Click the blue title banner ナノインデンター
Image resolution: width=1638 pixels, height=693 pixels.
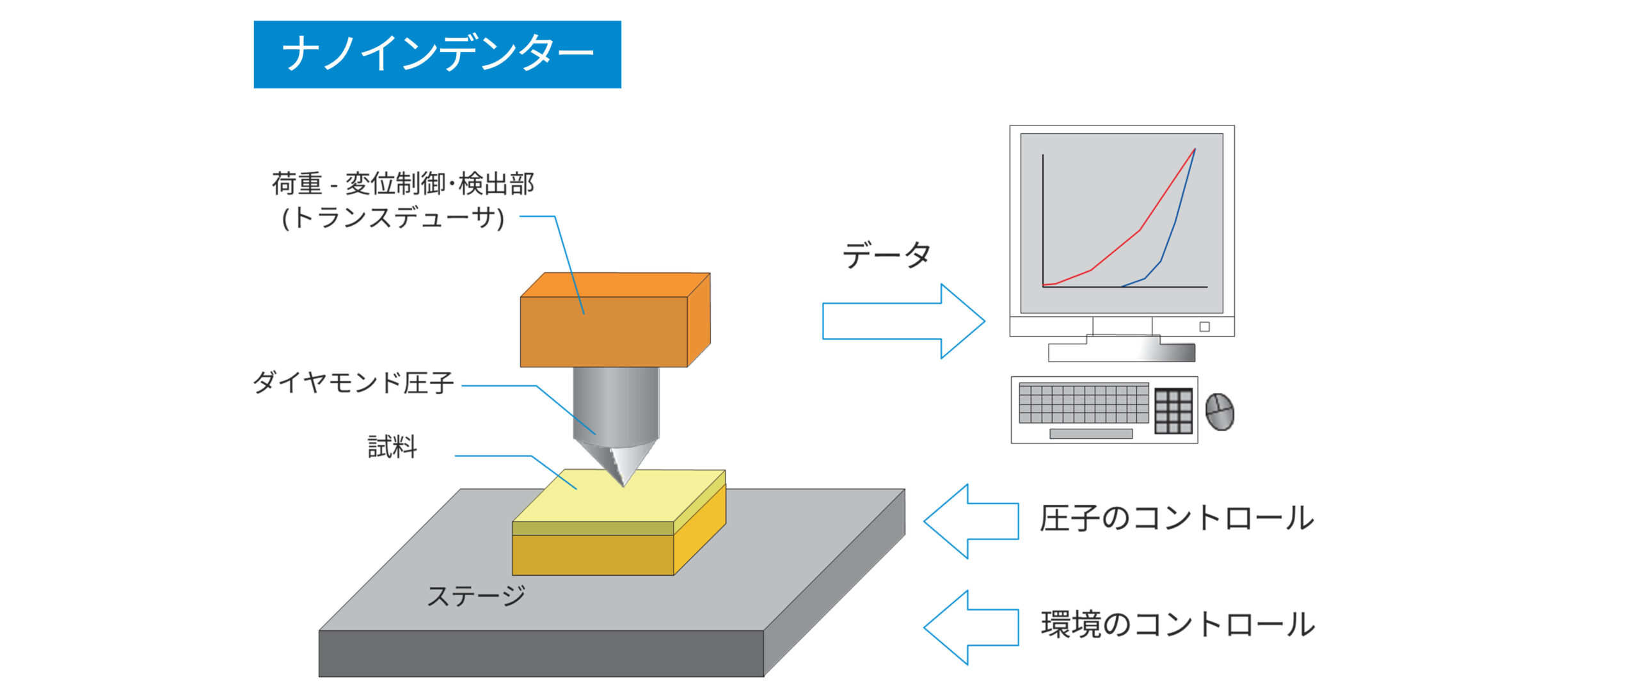(437, 54)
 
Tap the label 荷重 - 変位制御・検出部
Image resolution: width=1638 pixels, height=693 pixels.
(402, 184)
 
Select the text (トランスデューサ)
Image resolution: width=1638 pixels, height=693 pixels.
(394, 218)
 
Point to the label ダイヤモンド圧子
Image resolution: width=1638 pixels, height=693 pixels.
(353, 383)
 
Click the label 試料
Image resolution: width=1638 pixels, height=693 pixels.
(392, 447)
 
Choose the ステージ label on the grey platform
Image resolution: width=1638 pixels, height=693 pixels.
(476, 596)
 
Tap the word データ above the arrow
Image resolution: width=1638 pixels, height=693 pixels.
(887, 255)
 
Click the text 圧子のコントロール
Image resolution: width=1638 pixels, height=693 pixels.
(1177, 518)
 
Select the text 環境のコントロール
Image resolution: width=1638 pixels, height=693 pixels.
(1177, 625)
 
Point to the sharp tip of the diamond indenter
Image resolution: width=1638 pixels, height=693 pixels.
(624, 485)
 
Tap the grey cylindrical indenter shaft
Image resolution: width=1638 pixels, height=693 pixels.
(616, 403)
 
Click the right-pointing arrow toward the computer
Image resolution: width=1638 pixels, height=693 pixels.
(902, 321)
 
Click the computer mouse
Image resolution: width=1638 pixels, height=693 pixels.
(1220, 411)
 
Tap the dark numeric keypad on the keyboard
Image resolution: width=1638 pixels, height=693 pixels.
(1173, 411)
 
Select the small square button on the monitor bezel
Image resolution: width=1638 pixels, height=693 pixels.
(1204, 327)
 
